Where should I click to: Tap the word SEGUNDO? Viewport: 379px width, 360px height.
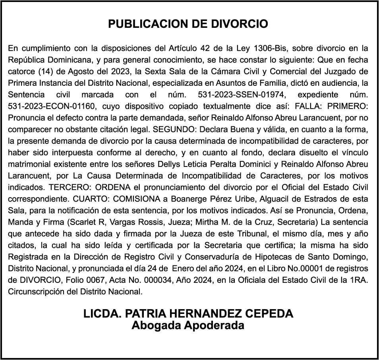click(176, 130)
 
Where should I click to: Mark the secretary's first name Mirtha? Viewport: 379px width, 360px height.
click(220, 222)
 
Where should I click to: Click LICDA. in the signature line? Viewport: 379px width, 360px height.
click(102, 314)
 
